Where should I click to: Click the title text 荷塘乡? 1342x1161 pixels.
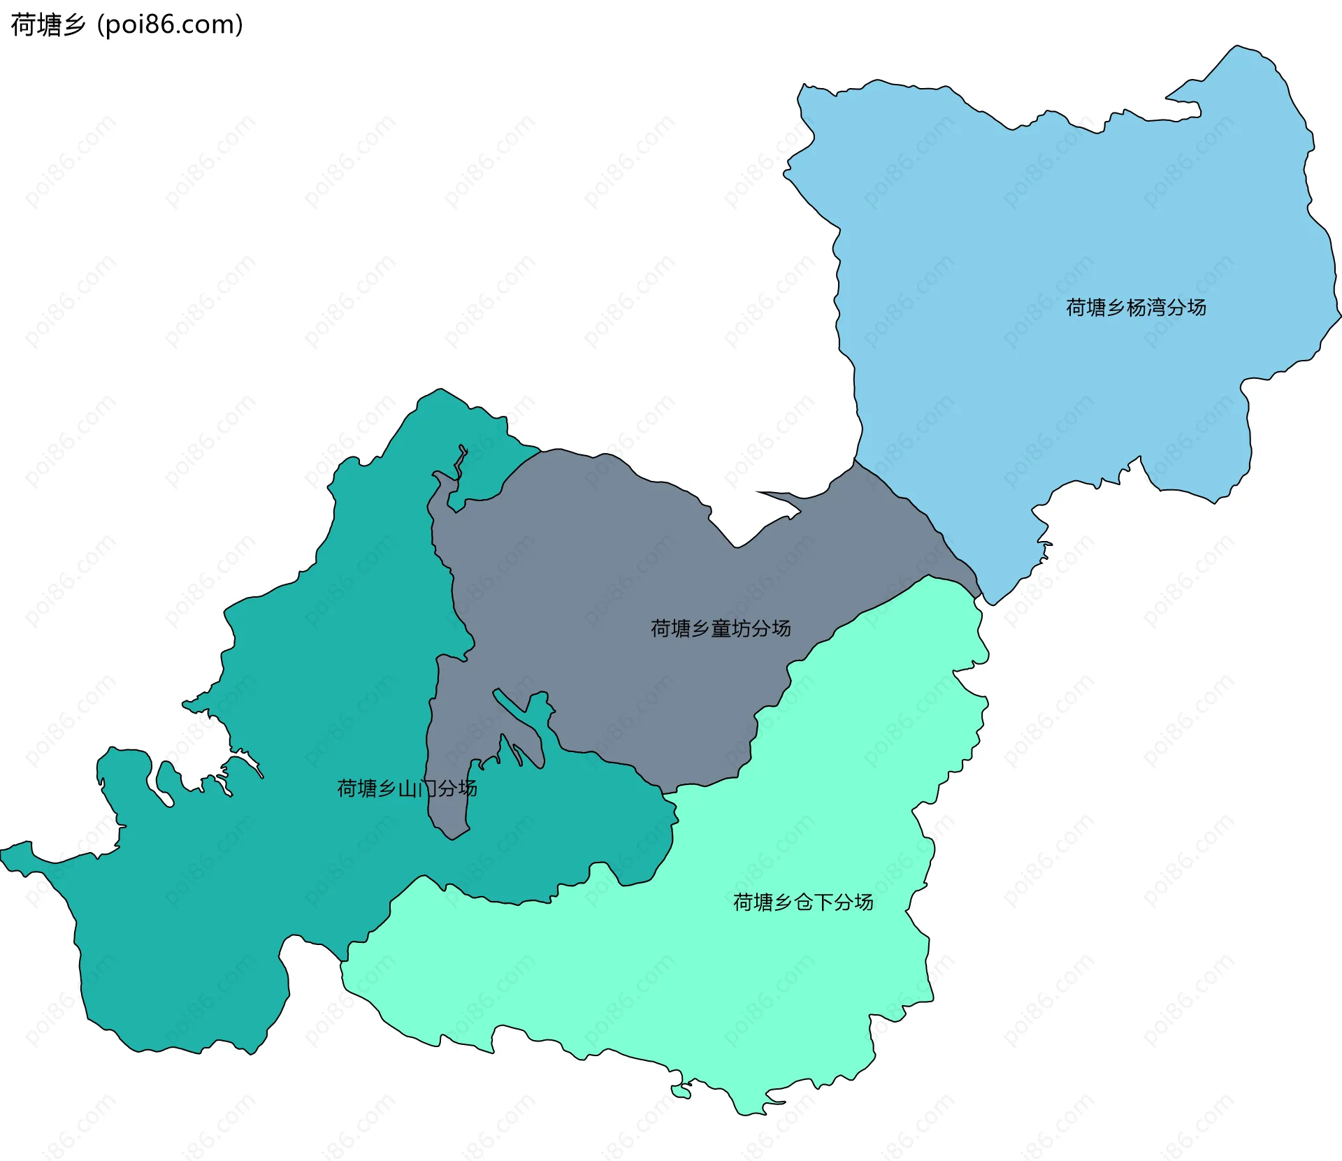click(48, 25)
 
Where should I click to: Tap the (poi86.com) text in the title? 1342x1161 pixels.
click(170, 25)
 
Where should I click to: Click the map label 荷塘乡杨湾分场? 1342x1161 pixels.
click(1136, 308)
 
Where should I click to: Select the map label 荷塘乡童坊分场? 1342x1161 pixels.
click(721, 628)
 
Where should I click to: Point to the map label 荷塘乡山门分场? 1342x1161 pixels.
click(407, 788)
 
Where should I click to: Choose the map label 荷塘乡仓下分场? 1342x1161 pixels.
click(803, 902)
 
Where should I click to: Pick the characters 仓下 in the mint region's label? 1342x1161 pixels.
click(813, 902)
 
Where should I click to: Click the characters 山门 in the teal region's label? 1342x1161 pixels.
click(417, 788)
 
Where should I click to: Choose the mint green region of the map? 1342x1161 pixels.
click(699, 979)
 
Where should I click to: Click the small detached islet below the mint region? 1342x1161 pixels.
click(680, 1091)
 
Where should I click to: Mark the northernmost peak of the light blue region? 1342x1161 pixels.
click(1238, 47)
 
